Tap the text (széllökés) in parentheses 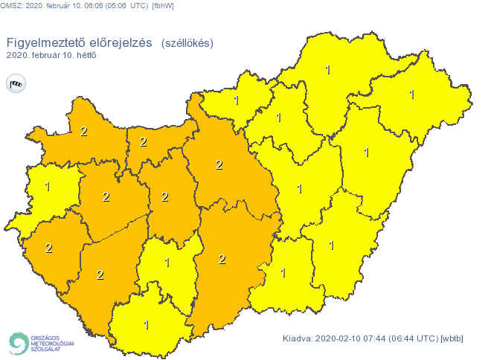(x=187, y=43)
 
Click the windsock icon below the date (x=16, y=83)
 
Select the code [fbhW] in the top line (x=163, y=7)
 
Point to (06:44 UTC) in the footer (x=413, y=339)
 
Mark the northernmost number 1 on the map (x=328, y=70)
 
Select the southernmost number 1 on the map (x=147, y=324)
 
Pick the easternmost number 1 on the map (x=411, y=94)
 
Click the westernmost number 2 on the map (x=48, y=248)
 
